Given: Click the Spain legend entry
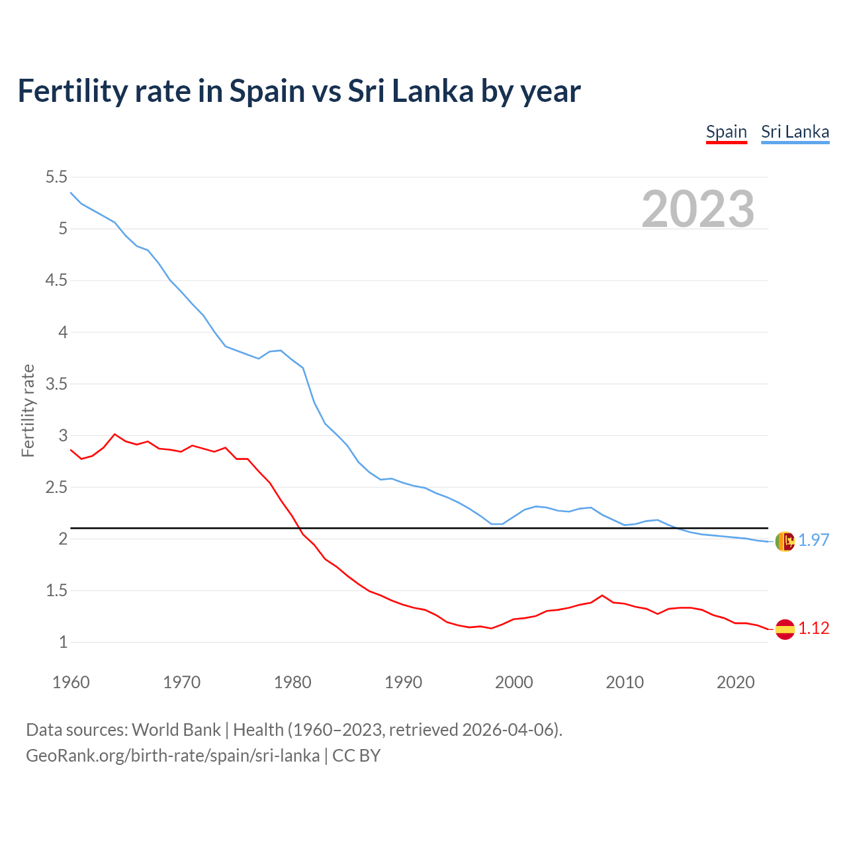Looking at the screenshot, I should [x=726, y=132].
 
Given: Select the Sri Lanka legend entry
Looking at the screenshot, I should [x=795, y=132].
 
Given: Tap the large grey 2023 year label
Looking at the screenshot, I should [x=698, y=209].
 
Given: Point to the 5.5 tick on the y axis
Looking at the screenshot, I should [x=56, y=177].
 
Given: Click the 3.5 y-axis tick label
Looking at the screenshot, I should [x=56, y=384].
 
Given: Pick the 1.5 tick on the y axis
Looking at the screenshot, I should [x=56, y=590].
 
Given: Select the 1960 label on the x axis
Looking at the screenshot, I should [x=71, y=682].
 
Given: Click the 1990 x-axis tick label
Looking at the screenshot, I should [x=403, y=682].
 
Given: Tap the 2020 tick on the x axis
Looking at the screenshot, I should [x=735, y=682].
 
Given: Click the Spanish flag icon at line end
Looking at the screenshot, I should [x=785, y=629].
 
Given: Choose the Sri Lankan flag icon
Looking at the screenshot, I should [x=785, y=541].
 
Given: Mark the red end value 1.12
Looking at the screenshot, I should [x=814, y=629].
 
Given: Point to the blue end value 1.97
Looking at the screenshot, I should [x=814, y=541].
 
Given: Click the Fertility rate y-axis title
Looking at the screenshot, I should [x=28, y=410].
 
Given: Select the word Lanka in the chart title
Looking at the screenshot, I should [x=433, y=91].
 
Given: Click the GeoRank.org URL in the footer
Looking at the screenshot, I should [x=172, y=756].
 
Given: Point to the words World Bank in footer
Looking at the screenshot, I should [x=176, y=730].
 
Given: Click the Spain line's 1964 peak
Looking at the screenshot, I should [x=115, y=434].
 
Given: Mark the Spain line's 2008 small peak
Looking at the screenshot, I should [x=602, y=596].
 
